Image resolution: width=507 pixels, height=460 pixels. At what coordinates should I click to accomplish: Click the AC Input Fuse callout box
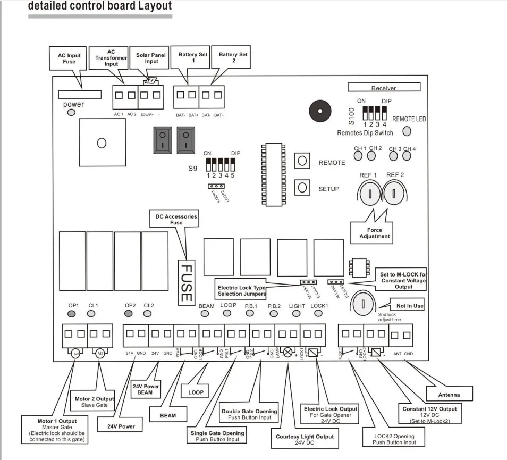(x=69, y=58)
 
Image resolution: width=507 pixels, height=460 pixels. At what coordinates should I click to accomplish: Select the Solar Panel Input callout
(x=151, y=57)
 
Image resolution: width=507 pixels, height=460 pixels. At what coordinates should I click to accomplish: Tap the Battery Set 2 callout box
(x=233, y=57)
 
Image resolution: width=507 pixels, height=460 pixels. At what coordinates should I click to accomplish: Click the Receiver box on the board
(x=384, y=88)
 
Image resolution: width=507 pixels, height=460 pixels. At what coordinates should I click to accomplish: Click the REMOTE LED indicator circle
(x=407, y=131)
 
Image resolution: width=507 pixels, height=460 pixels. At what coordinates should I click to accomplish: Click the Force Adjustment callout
(x=374, y=233)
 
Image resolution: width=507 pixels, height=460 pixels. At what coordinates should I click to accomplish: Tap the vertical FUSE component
(x=185, y=282)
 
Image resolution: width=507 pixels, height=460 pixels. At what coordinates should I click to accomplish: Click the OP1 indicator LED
(x=73, y=314)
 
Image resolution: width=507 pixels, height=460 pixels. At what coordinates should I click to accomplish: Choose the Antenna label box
(x=449, y=395)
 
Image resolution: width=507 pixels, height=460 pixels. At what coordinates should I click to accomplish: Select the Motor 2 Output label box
(x=95, y=402)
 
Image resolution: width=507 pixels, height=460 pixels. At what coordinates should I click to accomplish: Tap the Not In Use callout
(x=410, y=306)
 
